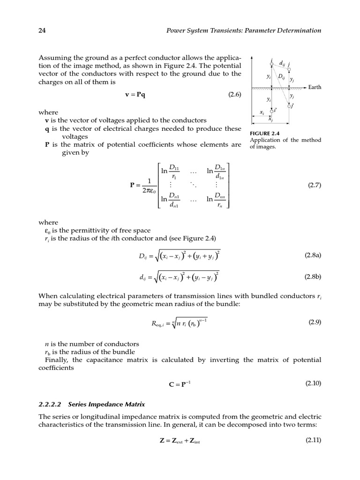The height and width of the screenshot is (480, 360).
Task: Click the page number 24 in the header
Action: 41,30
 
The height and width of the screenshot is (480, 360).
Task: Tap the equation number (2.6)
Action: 234,94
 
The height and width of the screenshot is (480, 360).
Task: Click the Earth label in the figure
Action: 315,87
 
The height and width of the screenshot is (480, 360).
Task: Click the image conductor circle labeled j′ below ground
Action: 289,106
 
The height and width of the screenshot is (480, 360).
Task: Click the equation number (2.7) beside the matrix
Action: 314,185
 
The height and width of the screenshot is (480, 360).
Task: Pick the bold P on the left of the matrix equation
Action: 133,185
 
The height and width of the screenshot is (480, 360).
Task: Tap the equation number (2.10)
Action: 313,383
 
